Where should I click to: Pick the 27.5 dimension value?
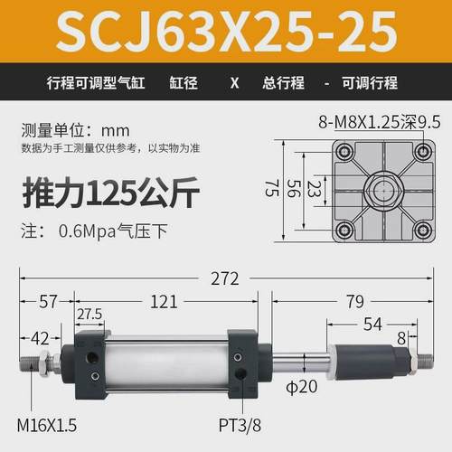(x=88, y=313)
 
